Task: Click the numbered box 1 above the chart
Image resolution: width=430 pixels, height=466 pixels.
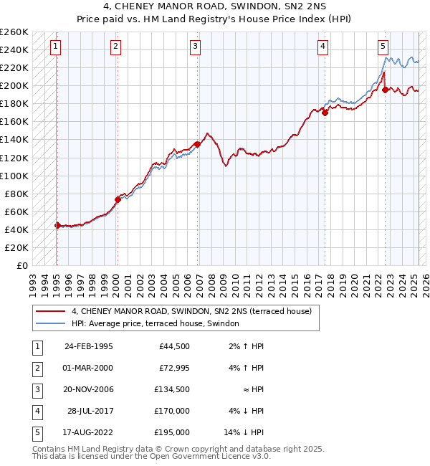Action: point(56,47)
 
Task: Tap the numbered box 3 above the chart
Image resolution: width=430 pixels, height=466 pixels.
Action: point(195,47)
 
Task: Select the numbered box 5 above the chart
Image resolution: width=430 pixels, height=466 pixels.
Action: point(383,47)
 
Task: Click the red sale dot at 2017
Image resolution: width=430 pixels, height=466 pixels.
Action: point(325,113)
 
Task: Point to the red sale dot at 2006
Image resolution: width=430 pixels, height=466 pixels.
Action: point(197,144)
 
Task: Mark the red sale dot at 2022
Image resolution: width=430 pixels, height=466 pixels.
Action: point(386,90)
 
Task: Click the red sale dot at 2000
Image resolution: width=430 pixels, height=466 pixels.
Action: point(118,199)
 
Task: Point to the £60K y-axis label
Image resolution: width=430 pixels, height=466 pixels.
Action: point(16,211)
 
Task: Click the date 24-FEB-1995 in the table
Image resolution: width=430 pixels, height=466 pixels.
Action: point(89,347)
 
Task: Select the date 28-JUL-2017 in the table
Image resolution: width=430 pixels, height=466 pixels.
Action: point(89,411)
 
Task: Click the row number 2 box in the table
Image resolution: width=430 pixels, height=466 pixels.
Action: point(36,368)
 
